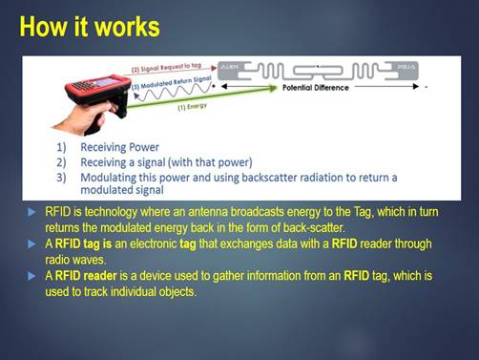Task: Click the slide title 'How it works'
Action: pyautogui.click(x=90, y=26)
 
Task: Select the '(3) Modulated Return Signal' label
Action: pyautogui.click(x=160, y=85)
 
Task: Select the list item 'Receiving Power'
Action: pyautogui.click(x=119, y=149)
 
